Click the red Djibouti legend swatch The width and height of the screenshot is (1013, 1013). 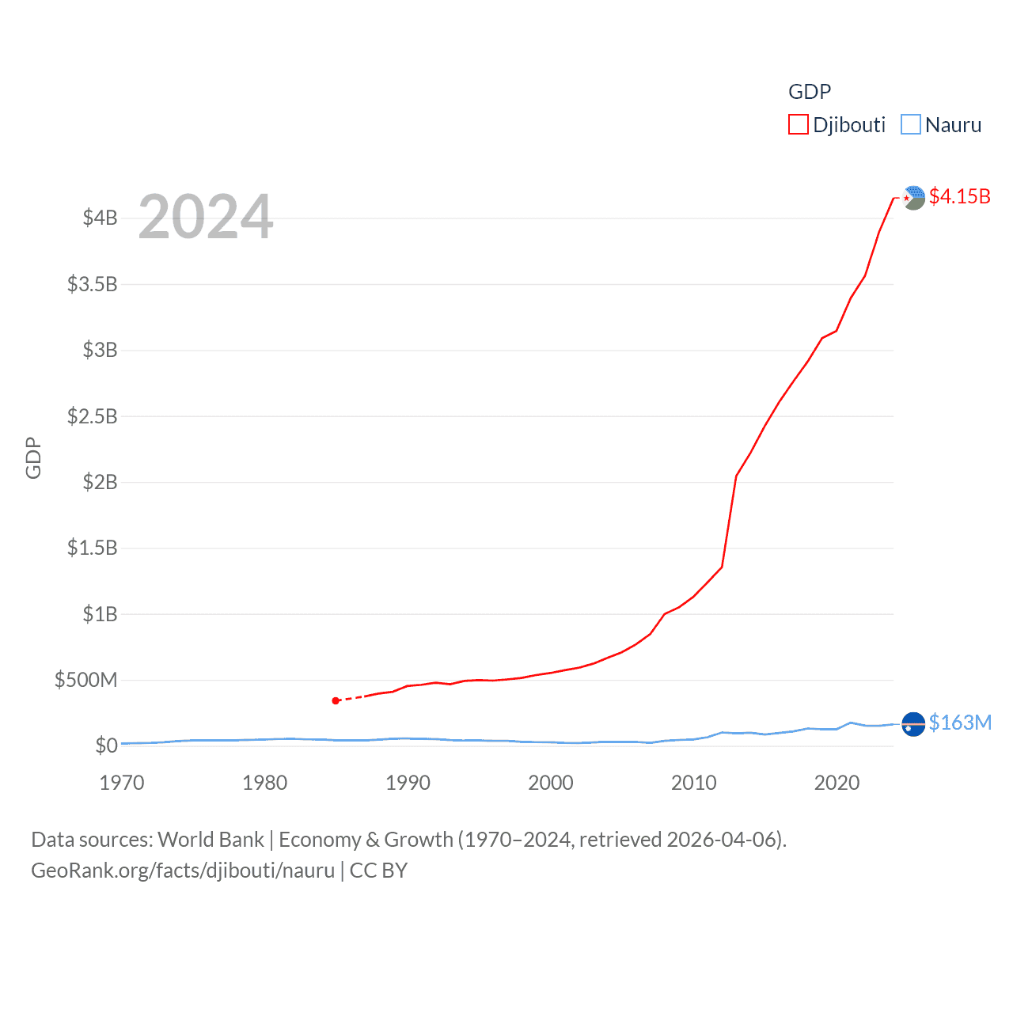(x=798, y=125)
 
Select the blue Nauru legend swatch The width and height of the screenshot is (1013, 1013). (x=911, y=125)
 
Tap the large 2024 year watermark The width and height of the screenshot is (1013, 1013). (x=206, y=217)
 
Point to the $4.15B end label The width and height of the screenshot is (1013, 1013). (x=959, y=196)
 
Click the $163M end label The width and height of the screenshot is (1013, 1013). (x=960, y=723)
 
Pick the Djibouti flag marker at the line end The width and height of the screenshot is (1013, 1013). (x=913, y=197)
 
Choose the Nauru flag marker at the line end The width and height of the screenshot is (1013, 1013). (x=913, y=724)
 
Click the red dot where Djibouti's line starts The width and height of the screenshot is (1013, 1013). (x=336, y=700)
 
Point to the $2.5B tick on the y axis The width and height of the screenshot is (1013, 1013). (x=92, y=416)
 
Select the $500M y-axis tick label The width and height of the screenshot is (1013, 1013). (x=85, y=680)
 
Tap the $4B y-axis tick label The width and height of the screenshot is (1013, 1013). (x=100, y=218)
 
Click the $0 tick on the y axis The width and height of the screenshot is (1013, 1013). (x=106, y=746)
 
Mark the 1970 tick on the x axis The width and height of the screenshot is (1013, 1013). (x=122, y=783)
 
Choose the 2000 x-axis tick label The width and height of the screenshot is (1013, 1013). (x=551, y=783)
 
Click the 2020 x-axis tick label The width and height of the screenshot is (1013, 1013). (x=837, y=783)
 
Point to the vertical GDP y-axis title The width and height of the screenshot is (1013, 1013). (x=33, y=457)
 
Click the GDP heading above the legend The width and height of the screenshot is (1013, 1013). (x=810, y=92)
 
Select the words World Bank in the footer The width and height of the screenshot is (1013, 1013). (x=211, y=840)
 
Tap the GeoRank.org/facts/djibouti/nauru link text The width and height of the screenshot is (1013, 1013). (x=183, y=871)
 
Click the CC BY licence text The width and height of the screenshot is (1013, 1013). (x=378, y=871)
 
